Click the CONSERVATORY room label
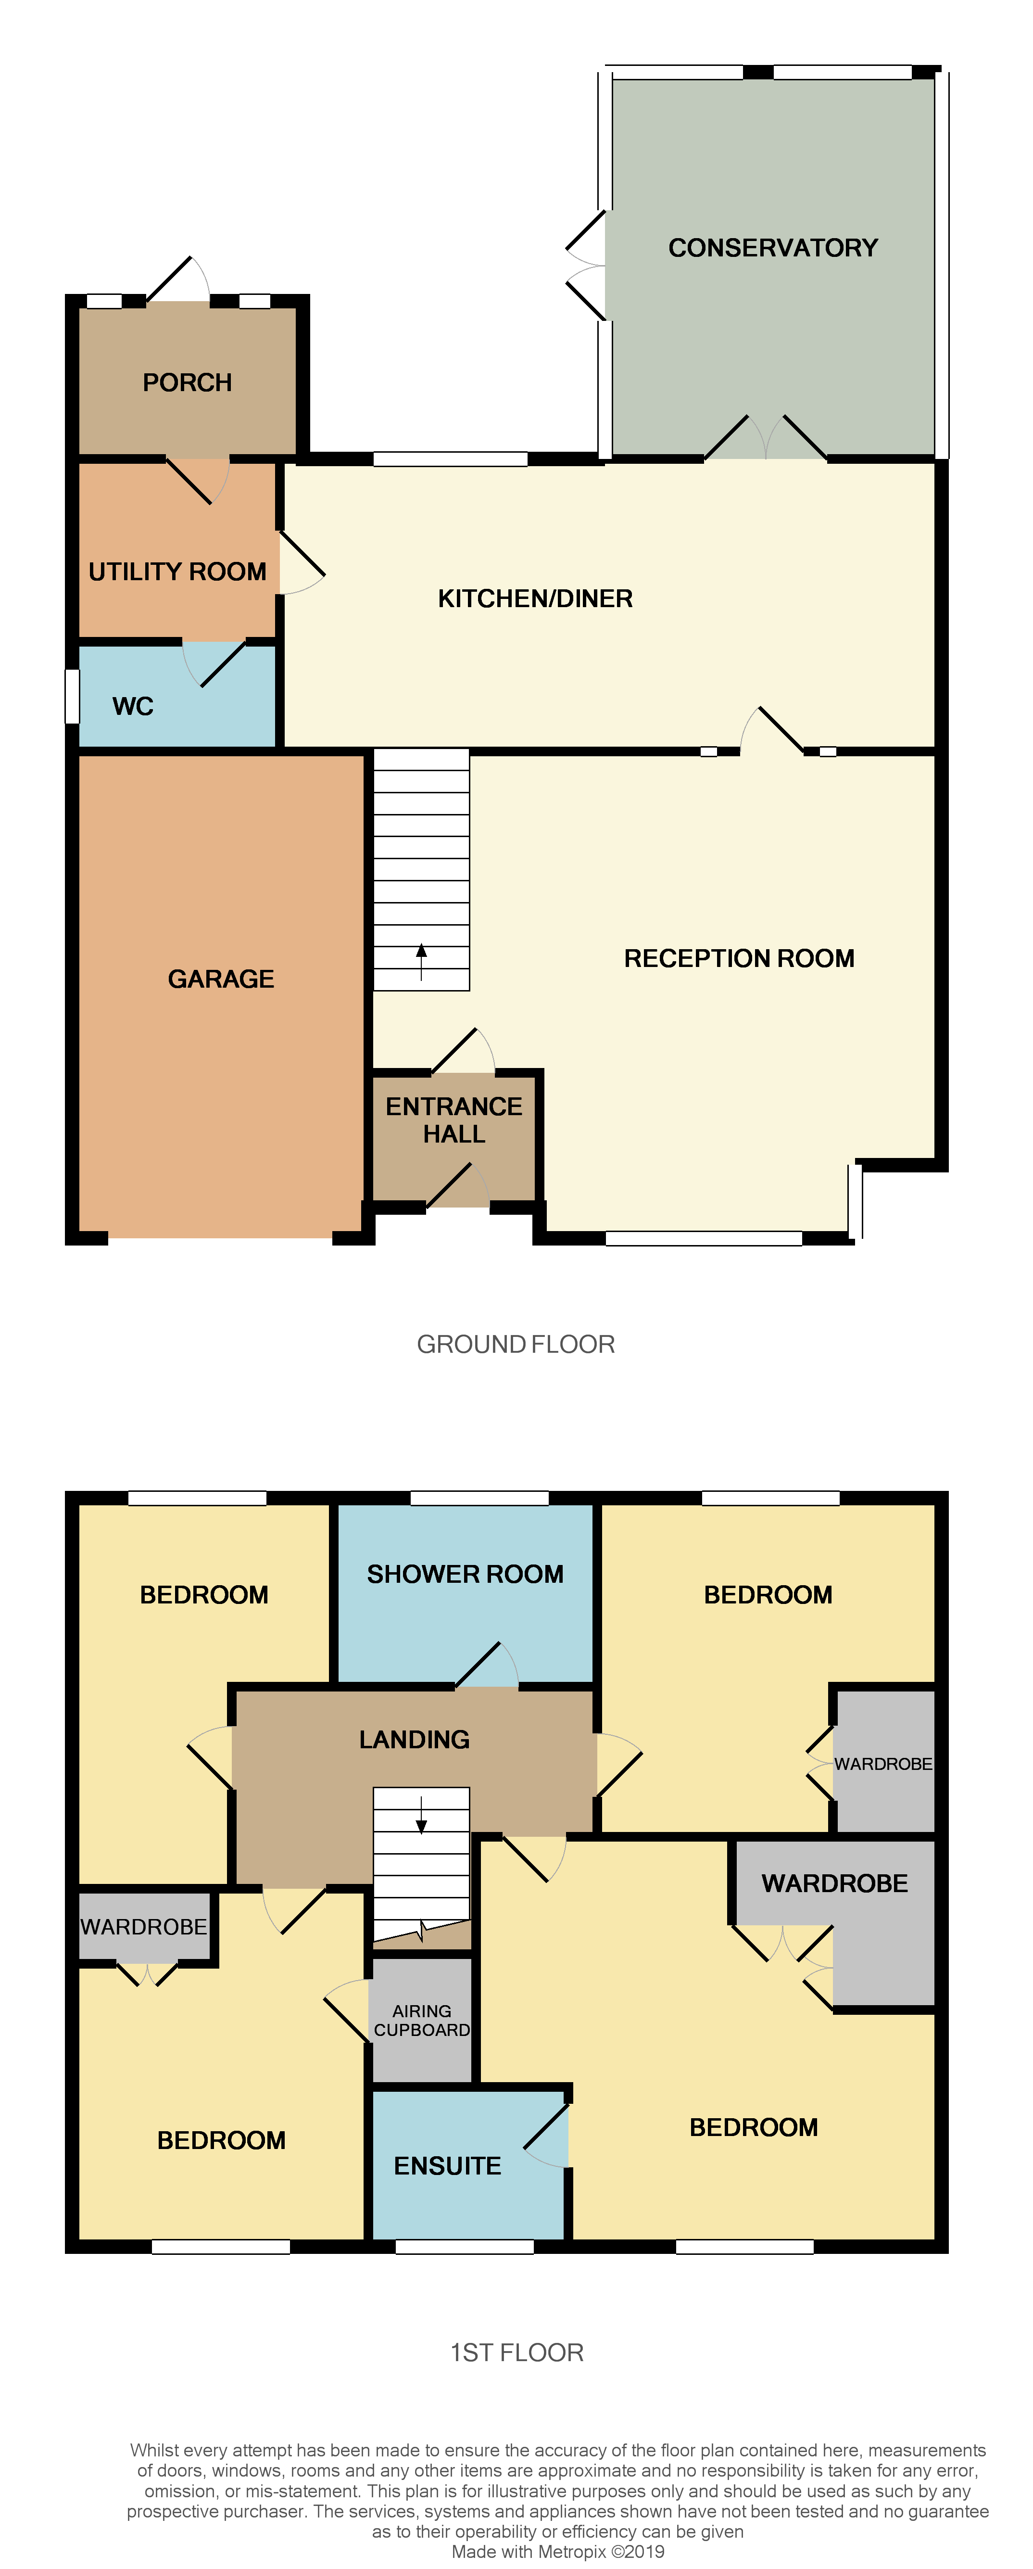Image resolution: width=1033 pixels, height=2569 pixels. pyautogui.click(x=773, y=247)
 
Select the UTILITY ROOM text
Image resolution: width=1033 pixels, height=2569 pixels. pyautogui.click(x=177, y=572)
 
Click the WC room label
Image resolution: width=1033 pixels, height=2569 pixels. pyautogui.click(x=133, y=706)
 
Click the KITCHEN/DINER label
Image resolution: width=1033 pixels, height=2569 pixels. pyautogui.click(x=535, y=598)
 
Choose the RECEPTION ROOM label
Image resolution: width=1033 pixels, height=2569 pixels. pyautogui.click(x=739, y=958)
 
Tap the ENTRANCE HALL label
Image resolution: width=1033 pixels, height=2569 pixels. pyautogui.click(x=454, y=1120)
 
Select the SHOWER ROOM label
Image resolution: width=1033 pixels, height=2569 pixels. pyautogui.click(x=465, y=1574)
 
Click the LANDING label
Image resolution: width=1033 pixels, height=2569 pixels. pyautogui.click(x=414, y=1739)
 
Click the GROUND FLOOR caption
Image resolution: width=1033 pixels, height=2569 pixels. pyautogui.click(x=516, y=1344)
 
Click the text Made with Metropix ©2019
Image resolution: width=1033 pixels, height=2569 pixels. pyautogui.click(x=557, y=2551)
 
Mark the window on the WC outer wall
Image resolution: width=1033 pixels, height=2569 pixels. pyautogui.click(x=72, y=695)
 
